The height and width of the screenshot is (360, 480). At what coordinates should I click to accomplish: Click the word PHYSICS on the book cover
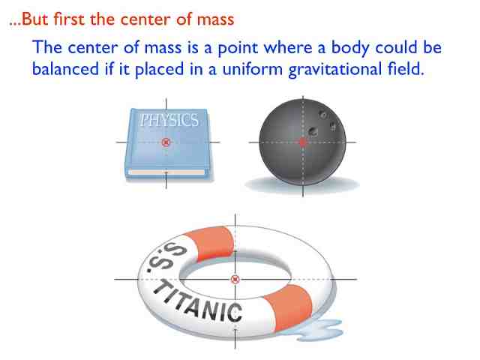pos(169,120)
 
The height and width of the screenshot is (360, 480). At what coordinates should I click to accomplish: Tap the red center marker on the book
pos(166,142)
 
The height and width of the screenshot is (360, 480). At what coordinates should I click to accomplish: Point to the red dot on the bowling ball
pos(303,142)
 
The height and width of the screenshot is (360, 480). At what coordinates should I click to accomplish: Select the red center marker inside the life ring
pos(235,279)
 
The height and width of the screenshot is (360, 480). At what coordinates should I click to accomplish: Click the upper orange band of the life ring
pos(211,242)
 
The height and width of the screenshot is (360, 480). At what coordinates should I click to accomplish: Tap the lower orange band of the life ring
pos(288,306)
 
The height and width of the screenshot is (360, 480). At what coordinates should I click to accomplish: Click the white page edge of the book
pos(166,172)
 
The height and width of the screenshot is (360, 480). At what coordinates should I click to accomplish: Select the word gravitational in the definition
pos(335,70)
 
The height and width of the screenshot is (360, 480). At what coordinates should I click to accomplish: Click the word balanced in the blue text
pos(65,68)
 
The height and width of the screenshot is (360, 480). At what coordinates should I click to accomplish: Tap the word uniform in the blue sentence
pos(253,69)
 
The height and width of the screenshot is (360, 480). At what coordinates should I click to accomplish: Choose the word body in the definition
pos(350,48)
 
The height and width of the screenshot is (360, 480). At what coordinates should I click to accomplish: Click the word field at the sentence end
pos(406,68)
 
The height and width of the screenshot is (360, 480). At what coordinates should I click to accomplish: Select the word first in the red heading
pos(69,19)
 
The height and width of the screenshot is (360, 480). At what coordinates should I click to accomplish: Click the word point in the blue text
pos(238,48)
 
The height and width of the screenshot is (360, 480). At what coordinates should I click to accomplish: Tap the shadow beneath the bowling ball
pos(302,184)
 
